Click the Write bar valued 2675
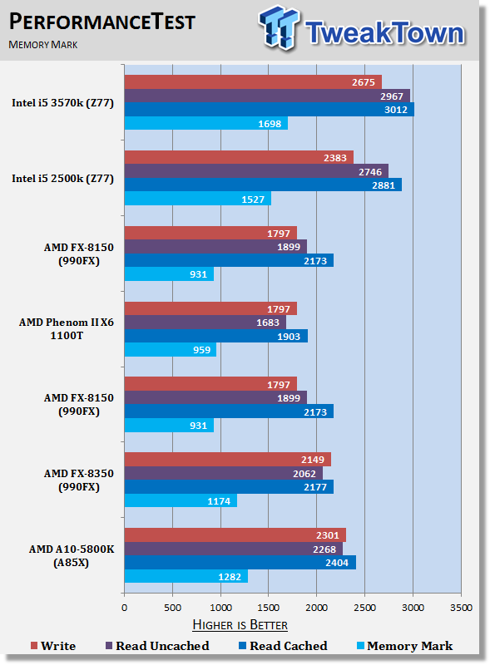[253, 82]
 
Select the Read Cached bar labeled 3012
[270, 110]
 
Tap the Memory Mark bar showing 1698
[206, 123]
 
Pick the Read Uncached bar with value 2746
[256, 171]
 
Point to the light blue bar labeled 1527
[198, 199]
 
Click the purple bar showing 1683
[205, 323]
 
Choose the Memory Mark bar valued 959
[171, 349]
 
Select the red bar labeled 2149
[228, 460]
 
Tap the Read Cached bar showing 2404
[240, 563]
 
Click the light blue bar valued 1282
[186, 576]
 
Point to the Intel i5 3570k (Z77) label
[63, 103]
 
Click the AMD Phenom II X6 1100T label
[67, 328]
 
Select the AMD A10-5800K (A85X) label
[72, 555]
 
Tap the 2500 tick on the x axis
[364, 608]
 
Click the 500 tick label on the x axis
[172, 608]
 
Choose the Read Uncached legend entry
[157, 646]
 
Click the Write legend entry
[53, 646]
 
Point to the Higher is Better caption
[240, 625]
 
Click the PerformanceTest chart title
[101, 22]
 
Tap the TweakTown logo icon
[279, 27]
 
